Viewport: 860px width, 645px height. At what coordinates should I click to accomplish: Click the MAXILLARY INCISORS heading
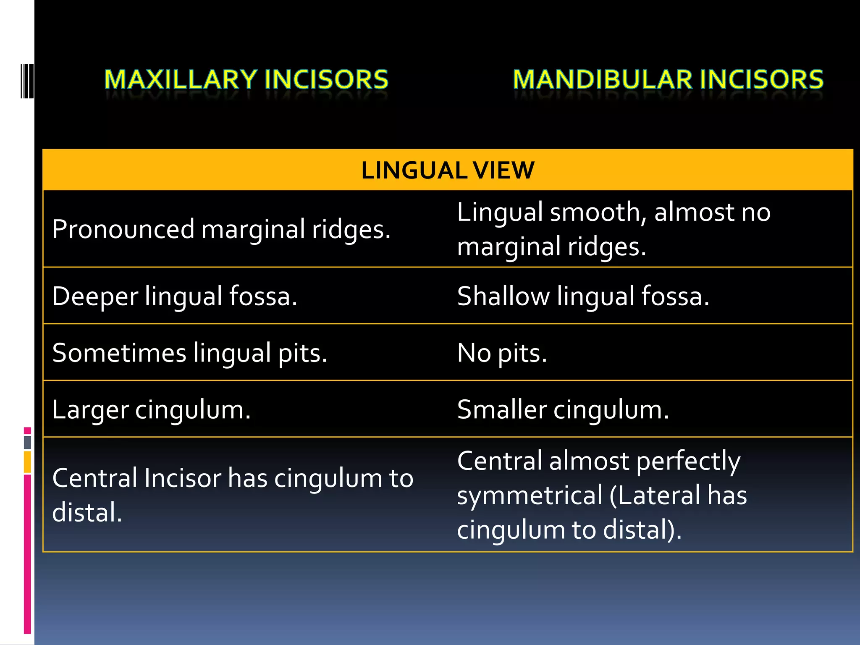pyautogui.click(x=246, y=79)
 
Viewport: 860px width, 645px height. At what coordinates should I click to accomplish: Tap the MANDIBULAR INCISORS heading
pyautogui.click(x=668, y=79)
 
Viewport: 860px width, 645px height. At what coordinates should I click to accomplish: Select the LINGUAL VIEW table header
pyautogui.click(x=448, y=170)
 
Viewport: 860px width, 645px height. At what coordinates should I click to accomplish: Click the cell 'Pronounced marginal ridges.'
pyautogui.click(x=221, y=229)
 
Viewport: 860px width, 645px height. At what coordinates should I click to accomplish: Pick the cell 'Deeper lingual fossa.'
pyautogui.click(x=175, y=296)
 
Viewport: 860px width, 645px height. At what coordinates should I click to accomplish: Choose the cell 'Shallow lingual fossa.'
pyautogui.click(x=583, y=296)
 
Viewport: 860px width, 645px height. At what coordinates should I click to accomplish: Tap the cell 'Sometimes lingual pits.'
pyautogui.click(x=189, y=353)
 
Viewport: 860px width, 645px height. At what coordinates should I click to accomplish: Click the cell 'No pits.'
pyautogui.click(x=502, y=353)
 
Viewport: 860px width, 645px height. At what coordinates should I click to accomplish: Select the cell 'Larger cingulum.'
pyautogui.click(x=151, y=409)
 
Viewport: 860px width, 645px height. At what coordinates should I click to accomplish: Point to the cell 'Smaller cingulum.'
pyautogui.click(x=563, y=409)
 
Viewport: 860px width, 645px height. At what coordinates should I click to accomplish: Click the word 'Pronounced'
pyautogui.click(x=123, y=229)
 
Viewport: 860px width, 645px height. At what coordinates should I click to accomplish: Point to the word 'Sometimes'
pyautogui.click(x=119, y=353)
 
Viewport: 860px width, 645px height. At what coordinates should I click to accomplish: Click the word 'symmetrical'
pyautogui.click(x=530, y=496)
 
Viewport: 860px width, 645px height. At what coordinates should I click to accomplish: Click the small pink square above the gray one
pyautogui.click(x=27, y=430)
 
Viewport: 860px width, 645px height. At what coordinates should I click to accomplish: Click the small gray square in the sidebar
pyautogui.click(x=27, y=442)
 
